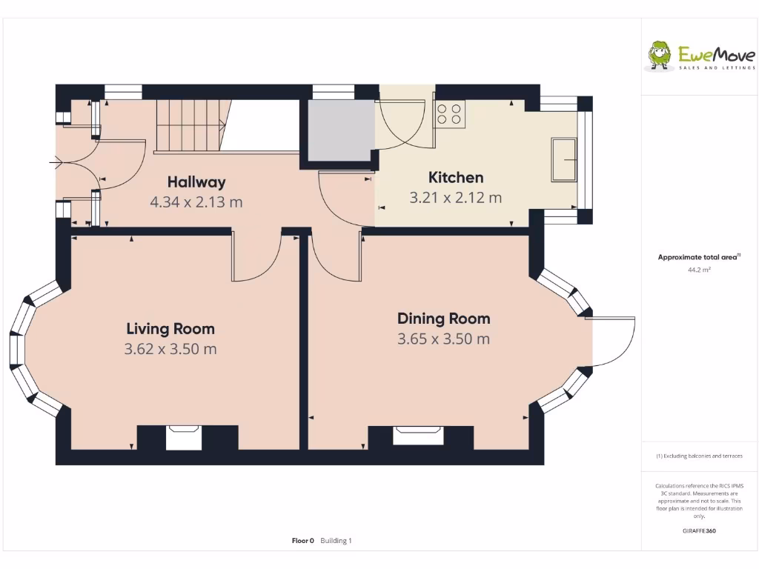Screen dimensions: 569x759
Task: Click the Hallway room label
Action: [x=196, y=182]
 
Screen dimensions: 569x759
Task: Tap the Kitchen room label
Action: [x=456, y=178]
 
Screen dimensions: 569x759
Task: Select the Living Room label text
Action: [x=170, y=329]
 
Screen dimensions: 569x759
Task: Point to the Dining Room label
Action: [x=443, y=319]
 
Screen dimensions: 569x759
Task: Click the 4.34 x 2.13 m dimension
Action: [x=196, y=202]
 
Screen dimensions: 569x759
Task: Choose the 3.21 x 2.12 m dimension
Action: [x=456, y=198]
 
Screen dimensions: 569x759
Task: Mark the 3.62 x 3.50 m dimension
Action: [x=170, y=349]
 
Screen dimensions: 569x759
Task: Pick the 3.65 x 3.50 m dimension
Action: [x=443, y=339]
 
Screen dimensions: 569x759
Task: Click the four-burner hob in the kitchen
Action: [x=449, y=113]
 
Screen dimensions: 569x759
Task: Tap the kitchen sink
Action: [x=564, y=159]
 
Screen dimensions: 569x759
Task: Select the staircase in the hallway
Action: [x=189, y=125]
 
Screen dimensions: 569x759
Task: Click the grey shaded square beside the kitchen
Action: [x=339, y=130]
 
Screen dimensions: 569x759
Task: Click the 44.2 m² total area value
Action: [x=699, y=270]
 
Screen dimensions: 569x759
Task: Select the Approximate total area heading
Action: [x=698, y=257]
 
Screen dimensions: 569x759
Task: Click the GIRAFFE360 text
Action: [x=699, y=530]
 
